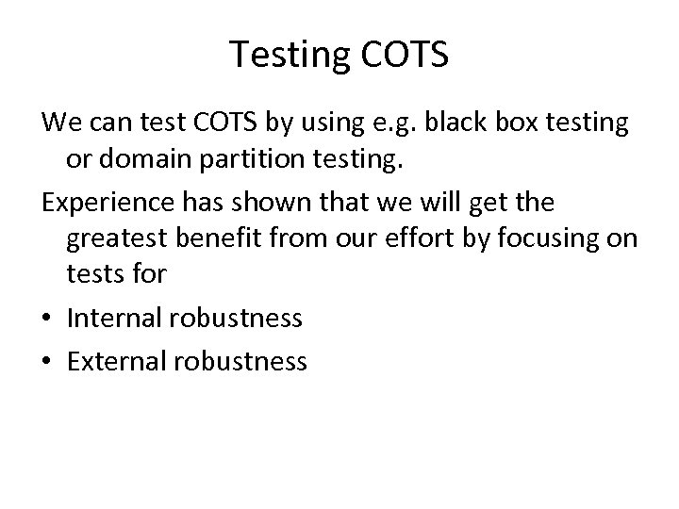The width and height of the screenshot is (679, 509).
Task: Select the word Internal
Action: pos(113,317)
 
